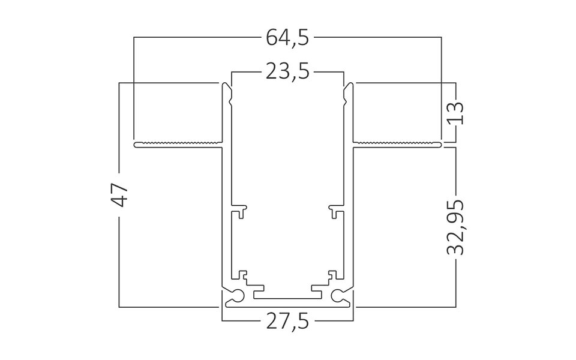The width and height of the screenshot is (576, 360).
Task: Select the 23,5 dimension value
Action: click(287, 72)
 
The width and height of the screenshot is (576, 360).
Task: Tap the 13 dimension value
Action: click(455, 112)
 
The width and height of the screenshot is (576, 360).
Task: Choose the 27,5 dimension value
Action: click(287, 323)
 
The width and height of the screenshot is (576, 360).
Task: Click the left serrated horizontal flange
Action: click(178, 145)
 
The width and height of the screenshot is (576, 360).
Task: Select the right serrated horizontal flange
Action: click(397, 145)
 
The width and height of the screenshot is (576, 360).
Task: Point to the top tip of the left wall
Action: click(227, 85)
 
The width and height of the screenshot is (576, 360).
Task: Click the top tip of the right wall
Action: click(348, 85)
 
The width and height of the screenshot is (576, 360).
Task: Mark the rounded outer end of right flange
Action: click(441, 145)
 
